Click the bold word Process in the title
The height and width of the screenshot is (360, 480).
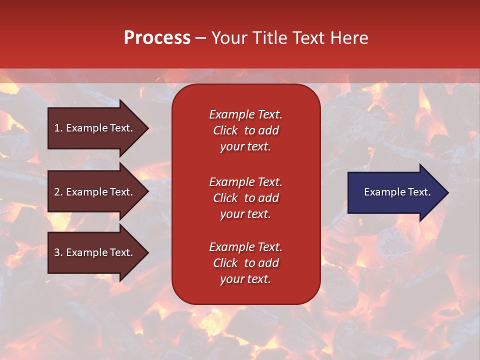point(157,38)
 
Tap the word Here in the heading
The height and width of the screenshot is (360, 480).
point(348,38)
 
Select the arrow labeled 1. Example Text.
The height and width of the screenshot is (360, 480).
point(95,128)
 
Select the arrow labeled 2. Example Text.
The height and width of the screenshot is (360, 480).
point(95,192)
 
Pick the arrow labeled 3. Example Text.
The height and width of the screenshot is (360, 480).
point(95,252)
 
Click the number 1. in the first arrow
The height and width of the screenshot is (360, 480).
point(58,128)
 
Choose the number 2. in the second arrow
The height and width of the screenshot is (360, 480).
point(58,192)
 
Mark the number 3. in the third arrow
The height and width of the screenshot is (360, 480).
point(58,252)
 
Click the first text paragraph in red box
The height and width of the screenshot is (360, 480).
point(245,130)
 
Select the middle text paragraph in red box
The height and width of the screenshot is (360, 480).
point(245,198)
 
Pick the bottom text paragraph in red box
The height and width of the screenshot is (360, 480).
point(245,263)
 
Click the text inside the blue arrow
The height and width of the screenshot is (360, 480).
point(397,192)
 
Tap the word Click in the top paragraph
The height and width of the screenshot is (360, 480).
point(225,130)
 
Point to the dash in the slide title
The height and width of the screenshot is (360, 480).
point(200,38)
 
